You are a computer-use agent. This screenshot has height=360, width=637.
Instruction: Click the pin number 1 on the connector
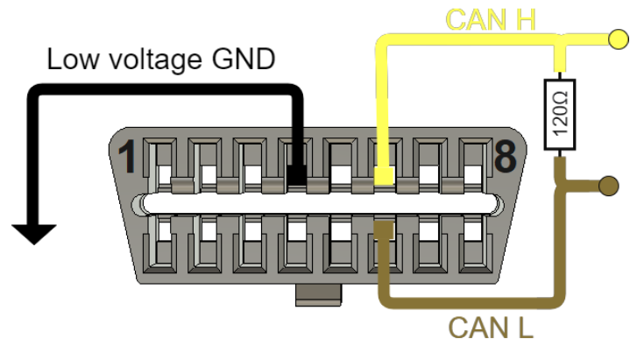point(128,159)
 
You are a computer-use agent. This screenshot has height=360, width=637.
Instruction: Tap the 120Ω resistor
point(560,115)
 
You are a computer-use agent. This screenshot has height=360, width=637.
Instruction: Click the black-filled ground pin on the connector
point(297,171)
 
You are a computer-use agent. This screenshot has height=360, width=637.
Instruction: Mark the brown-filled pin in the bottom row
point(383,229)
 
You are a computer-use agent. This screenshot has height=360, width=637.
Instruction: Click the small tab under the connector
point(316,296)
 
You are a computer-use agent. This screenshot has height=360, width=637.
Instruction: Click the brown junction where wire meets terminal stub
point(562,185)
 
